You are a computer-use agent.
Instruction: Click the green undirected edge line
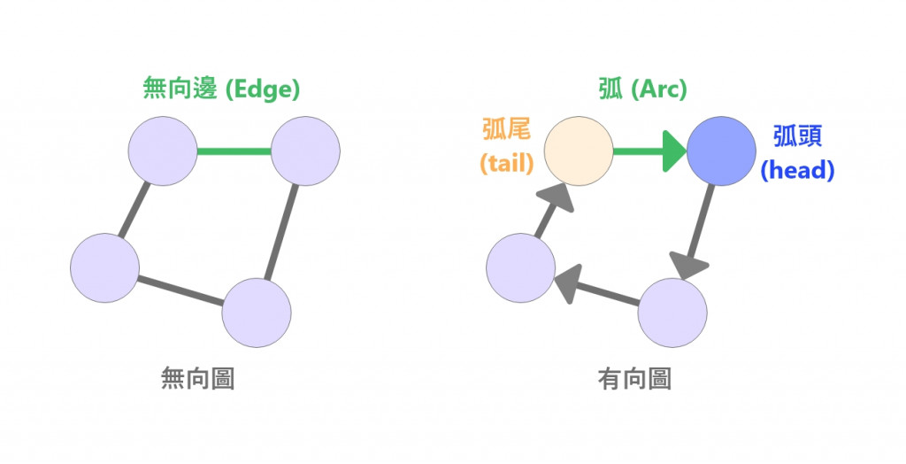pos(234,151)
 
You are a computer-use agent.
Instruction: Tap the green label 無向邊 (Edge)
pos(222,89)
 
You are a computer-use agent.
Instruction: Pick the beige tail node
pos(579,151)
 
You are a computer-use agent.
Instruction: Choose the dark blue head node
pos(721,151)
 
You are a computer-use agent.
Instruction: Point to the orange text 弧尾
pos(505,130)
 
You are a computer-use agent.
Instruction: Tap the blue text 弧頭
pos(797,136)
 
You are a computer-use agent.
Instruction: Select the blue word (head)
pos(797,170)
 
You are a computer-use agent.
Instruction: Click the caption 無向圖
pos(197,379)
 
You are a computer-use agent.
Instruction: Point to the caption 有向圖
pos(634,379)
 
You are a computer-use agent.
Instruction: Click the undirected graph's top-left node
pos(163,151)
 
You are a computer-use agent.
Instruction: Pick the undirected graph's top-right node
pos(305,151)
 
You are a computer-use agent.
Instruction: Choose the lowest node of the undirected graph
pos(257,313)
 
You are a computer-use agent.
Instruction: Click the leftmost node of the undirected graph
pos(105,267)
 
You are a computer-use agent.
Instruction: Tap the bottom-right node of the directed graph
pos(672,313)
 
